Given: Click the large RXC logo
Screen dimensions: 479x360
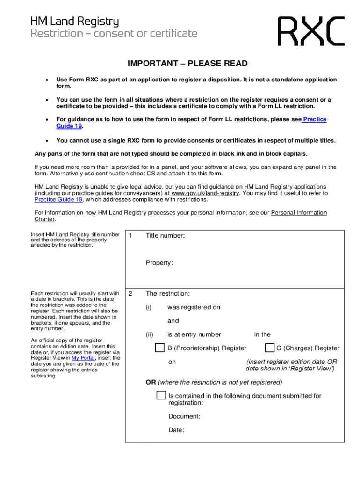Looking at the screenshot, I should tap(311, 31).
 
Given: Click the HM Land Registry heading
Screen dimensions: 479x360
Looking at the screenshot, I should tap(75, 22).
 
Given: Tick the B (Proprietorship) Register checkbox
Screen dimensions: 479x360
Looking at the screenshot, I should tap(159, 348).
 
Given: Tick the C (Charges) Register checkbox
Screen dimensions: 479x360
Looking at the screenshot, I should tap(269, 348).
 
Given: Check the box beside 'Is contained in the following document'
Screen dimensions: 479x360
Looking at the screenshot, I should tap(161, 395).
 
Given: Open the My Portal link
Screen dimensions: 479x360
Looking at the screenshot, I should tap(82, 358).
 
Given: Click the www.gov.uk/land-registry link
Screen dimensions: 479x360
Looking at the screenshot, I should tap(205, 193).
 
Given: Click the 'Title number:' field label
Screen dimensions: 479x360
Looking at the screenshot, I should tap(165, 236).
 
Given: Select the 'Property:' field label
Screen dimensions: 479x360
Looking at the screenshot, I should tap(159, 263).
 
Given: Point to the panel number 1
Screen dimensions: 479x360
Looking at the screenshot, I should tap(130, 236).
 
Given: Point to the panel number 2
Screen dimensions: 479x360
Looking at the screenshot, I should tap(130, 294).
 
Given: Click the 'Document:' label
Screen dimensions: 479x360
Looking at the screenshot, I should tap(184, 416).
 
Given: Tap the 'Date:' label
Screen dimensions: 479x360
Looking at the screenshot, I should tap(176, 430).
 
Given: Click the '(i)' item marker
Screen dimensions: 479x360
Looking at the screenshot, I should tap(149, 307).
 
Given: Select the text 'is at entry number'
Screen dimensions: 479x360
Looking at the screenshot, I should tap(194, 334).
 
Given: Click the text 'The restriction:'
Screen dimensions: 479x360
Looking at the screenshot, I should tap(167, 294).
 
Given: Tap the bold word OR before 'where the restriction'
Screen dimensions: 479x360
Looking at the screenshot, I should tap(151, 382).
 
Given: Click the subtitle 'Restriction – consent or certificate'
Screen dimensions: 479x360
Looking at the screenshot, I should tap(114, 34).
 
